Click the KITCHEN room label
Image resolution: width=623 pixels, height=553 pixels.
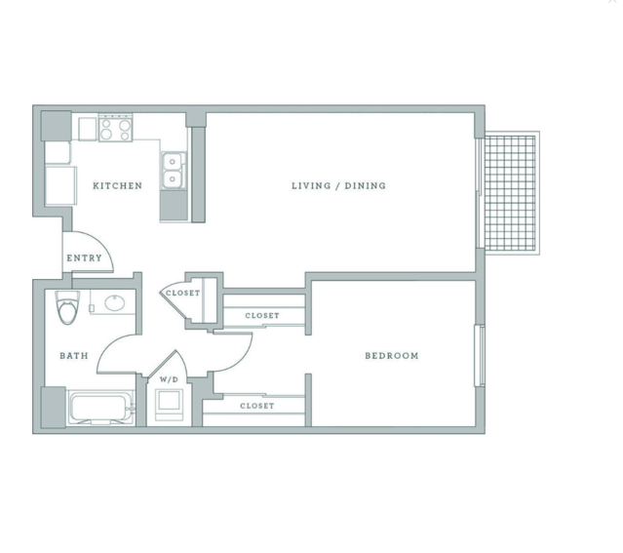pos(117,186)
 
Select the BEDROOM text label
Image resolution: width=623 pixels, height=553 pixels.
pos(392,356)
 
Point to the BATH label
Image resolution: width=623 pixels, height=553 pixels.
pos(74,356)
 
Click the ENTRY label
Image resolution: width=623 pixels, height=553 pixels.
pos(84,258)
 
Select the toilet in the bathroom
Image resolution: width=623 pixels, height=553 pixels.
pos(67,307)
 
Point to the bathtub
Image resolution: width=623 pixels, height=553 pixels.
pos(100,408)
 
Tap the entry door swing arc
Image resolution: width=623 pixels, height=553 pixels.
pos(95,244)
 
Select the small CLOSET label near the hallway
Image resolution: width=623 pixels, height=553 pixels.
pos(182,294)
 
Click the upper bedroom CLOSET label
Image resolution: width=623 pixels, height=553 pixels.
pos(261,316)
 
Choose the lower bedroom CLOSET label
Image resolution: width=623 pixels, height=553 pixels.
pos(256,406)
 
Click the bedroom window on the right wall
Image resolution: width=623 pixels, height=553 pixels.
pos(479,355)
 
